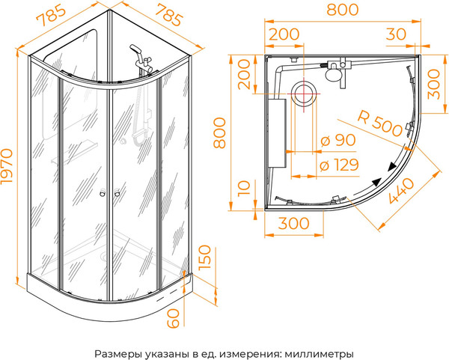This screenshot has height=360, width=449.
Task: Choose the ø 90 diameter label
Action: click(336, 140)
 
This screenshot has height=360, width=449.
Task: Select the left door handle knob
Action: click(101, 195)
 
